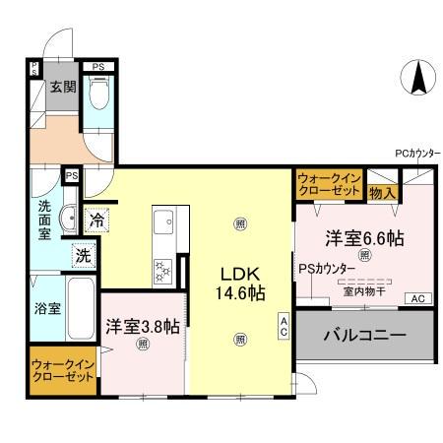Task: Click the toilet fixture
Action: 98,96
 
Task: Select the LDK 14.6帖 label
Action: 239,282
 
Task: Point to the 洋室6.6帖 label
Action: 366,237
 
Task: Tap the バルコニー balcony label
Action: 365,336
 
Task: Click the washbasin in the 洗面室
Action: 69,219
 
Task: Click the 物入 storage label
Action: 383,192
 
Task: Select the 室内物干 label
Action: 365,291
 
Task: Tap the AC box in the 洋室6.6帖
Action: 416,298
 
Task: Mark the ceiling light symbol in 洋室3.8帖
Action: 144,345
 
